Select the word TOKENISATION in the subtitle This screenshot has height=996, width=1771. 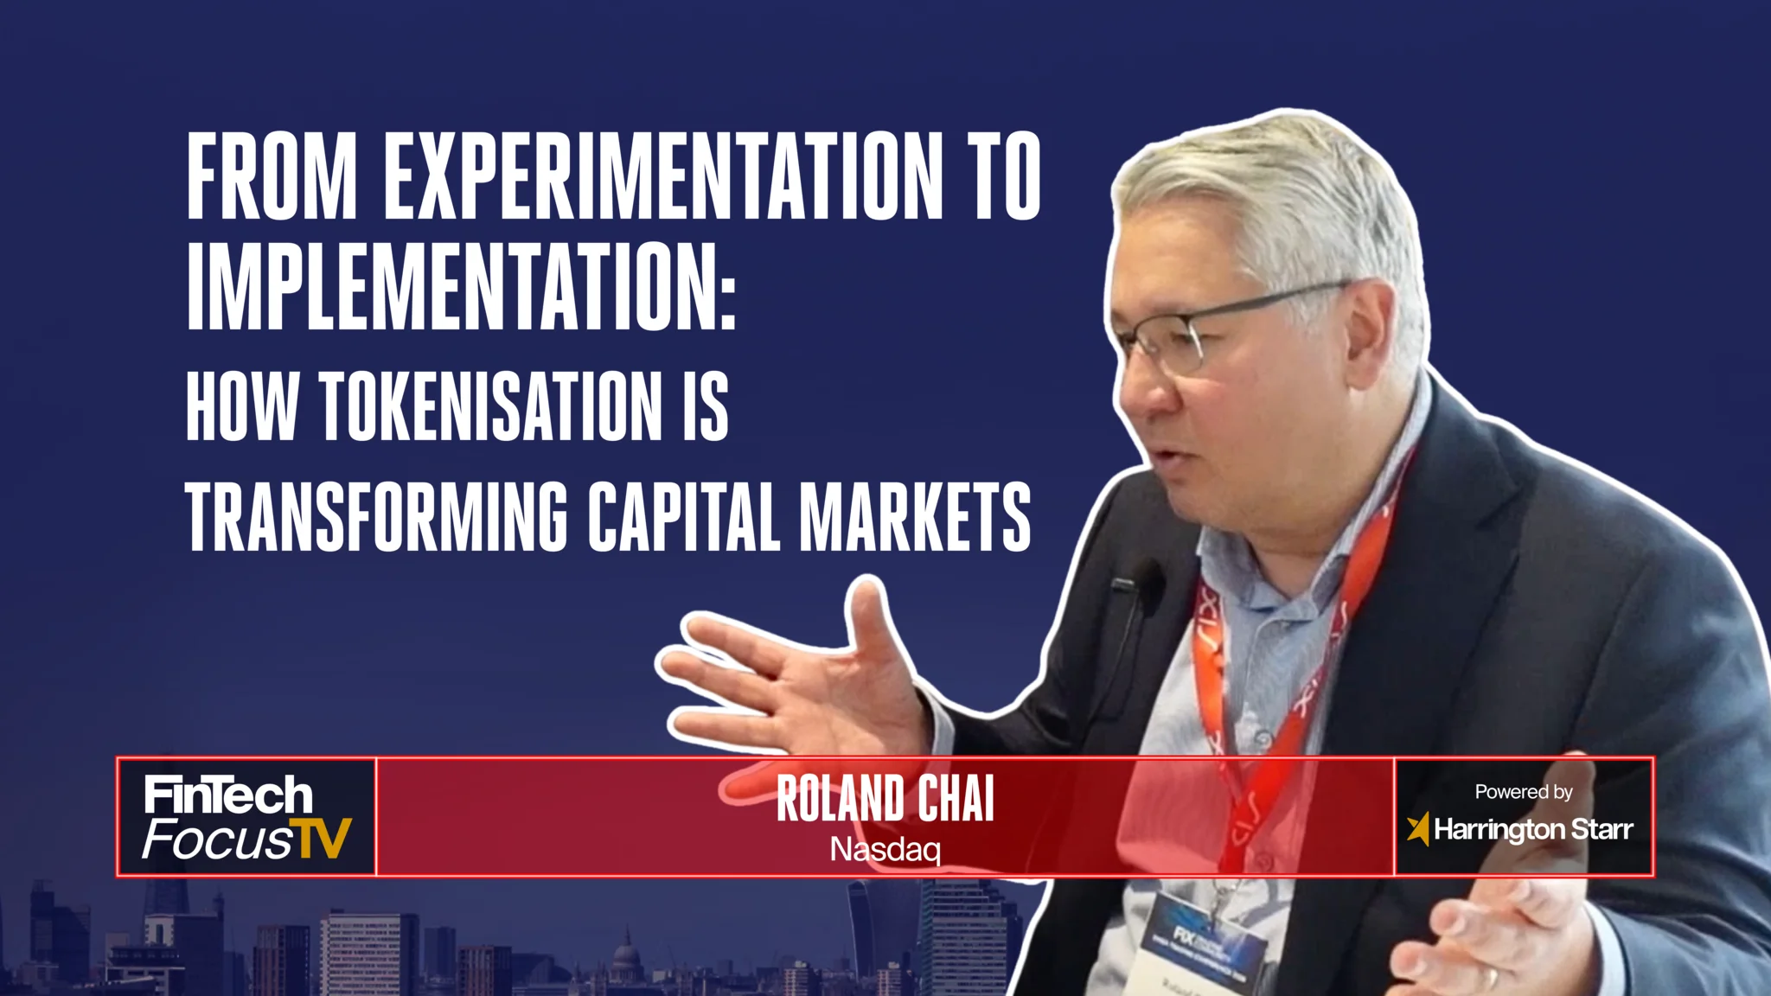[x=490, y=405]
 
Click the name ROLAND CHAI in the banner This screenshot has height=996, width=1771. [x=885, y=799]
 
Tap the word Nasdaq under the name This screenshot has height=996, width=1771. [x=885, y=849]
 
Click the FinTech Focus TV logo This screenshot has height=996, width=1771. [x=247, y=818]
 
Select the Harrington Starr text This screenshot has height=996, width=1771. [x=1533, y=830]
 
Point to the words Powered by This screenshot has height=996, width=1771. [x=1523, y=791]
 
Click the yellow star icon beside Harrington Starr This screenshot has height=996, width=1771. [x=1417, y=829]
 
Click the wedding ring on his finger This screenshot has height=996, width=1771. [x=1493, y=978]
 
